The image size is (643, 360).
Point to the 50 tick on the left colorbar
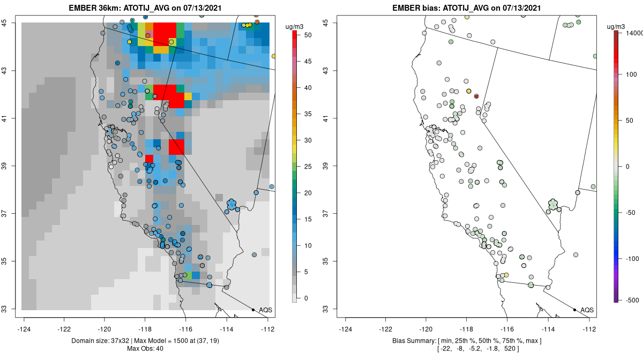(x=308, y=35)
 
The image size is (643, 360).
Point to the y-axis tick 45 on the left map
(x=9, y=23)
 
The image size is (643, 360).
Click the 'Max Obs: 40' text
(x=145, y=349)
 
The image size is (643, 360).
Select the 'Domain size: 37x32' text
(x=97, y=341)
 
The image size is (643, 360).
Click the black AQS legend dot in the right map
(x=574, y=310)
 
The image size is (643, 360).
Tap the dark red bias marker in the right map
(x=476, y=96)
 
